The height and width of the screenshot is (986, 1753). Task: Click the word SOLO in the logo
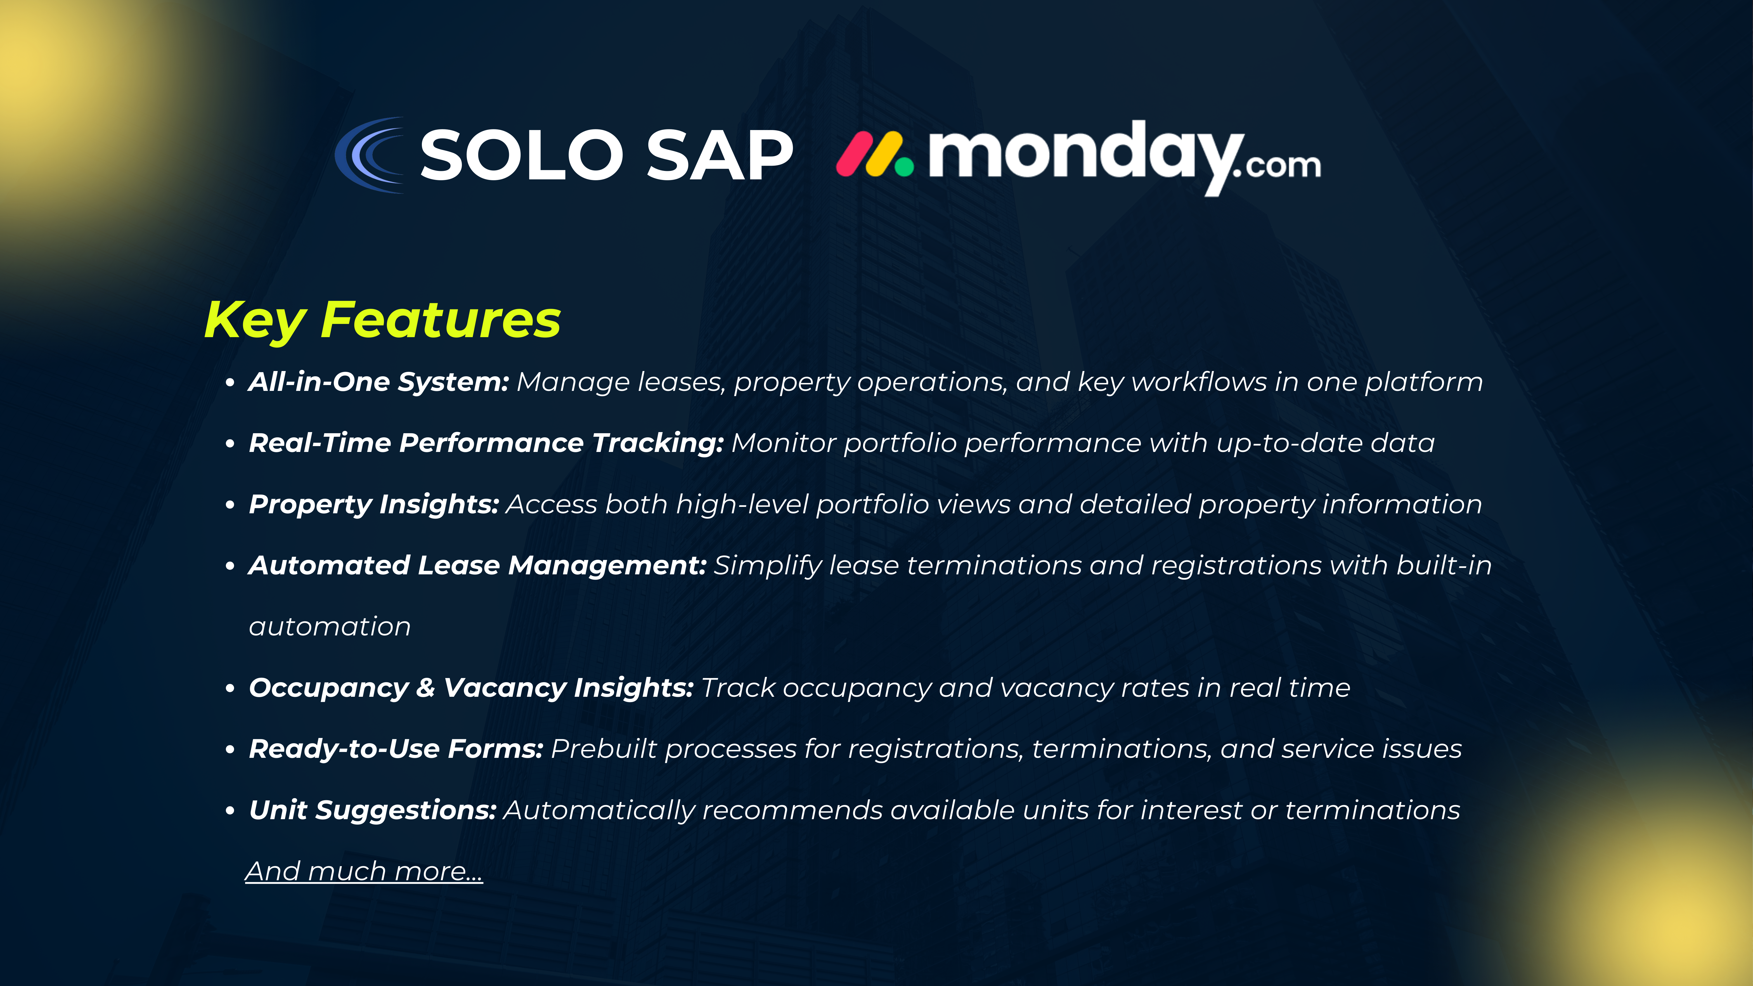click(521, 156)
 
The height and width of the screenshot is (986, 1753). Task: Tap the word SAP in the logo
click(719, 156)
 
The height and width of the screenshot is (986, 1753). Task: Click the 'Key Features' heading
click(382, 320)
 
